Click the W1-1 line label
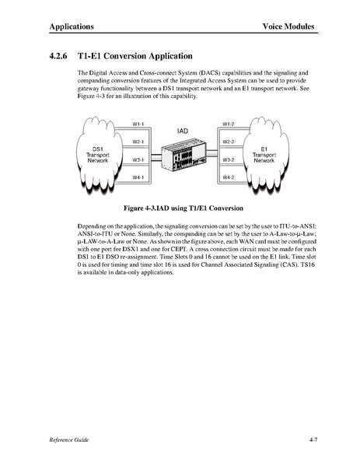pos(138,124)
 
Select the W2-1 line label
pos(138,142)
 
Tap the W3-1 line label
pos(138,160)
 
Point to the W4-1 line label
pos(138,177)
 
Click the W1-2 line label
pos(229,124)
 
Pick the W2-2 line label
pos(229,142)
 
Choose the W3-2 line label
pos(229,160)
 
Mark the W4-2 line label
pos(229,177)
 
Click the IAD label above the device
pos(183,131)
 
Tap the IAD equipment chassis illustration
pos(183,155)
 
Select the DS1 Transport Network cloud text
pos(98,155)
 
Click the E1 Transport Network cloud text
pos(264,155)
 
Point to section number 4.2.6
pos(58,56)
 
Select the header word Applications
pos(72,26)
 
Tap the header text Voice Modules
pos(288,26)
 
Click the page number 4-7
pos(313,440)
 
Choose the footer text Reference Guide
pos(69,440)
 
